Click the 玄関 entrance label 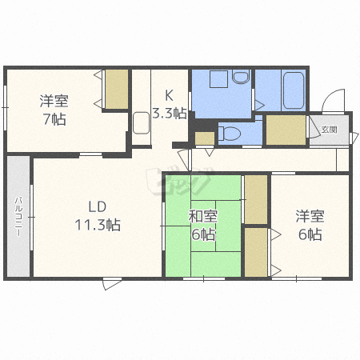click(329, 130)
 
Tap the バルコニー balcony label click(18, 216)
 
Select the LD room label click(98, 206)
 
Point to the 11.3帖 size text click(98, 225)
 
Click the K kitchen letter click(169, 95)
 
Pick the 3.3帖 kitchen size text click(170, 113)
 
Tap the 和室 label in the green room click(203, 216)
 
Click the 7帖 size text click(54, 119)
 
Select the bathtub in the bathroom click(294, 90)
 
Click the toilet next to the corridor click(230, 134)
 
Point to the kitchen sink click(141, 122)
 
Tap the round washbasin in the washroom click(241, 77)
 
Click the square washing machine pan click(218, 79)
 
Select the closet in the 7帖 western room click(117, 90)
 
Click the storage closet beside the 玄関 click(286, 130)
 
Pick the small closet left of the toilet click(205, 138)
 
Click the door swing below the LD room click(113, 284)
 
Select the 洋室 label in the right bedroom click(310, 216)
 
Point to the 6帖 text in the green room click(203, 234)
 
